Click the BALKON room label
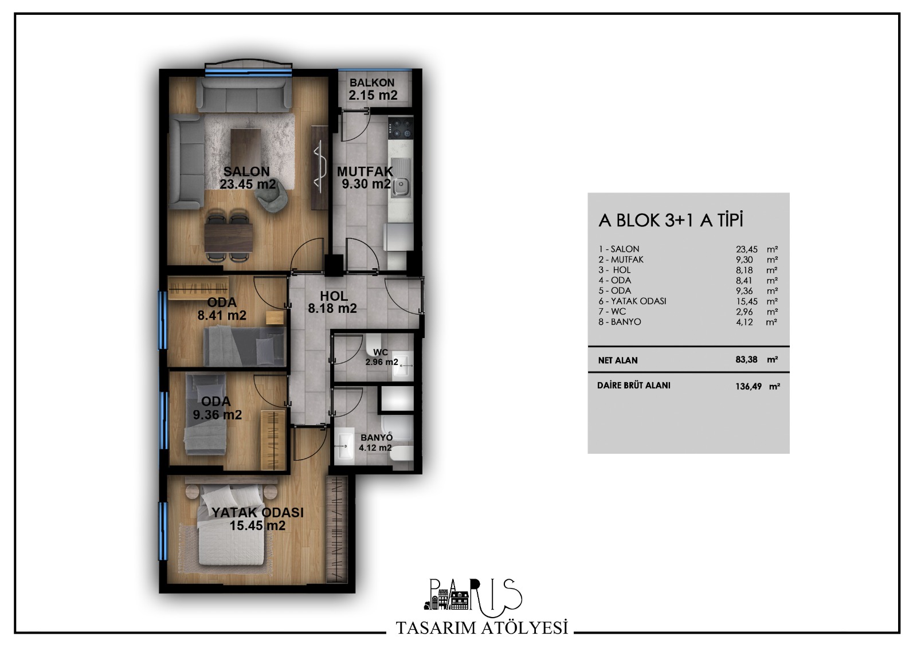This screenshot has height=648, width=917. [372, 83]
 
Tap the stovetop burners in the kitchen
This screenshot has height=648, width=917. [401, 128]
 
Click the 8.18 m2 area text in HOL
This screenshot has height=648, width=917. [332, 308]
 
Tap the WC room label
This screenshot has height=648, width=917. [381, 352]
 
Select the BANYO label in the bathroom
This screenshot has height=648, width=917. [376, 438]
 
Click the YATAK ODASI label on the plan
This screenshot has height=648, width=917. [257, 513]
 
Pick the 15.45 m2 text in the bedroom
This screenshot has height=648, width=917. [257, 525]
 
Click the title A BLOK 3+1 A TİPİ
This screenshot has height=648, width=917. [671, 221]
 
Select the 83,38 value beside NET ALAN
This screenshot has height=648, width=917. [746, 360]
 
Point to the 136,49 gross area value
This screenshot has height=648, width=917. [749, 386]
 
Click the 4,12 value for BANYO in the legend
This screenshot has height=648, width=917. [744, 322]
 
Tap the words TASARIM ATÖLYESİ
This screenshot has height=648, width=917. [482, 628]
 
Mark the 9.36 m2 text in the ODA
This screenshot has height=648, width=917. [217, 415]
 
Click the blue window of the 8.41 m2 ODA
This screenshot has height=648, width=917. [163, 320]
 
